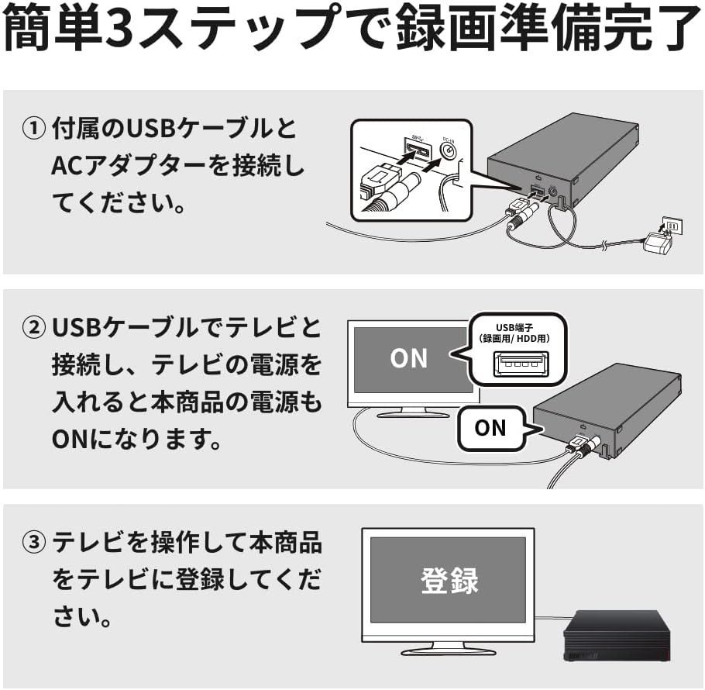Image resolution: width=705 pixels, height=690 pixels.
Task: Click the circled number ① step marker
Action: pyautogui.click(x=35, y=129)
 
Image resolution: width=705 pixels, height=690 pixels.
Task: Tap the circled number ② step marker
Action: pyautogui.click(x=35, y=328)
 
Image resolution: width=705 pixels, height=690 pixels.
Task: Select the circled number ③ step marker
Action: pyautogui.click(x=35, y=543)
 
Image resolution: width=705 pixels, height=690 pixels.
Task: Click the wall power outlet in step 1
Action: pyautogui.click(x=672, y=226)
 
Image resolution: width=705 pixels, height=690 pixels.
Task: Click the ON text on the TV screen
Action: pyautogui.click(x=408, y=358)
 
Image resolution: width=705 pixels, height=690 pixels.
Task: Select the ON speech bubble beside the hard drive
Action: pyautogui.click(x=490, y=427)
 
